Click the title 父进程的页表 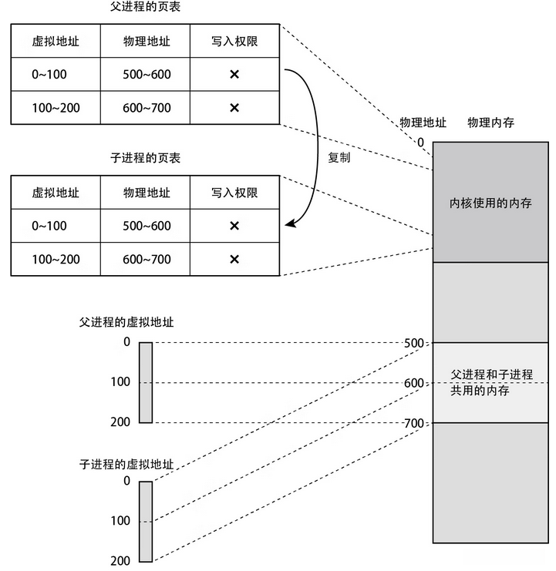pos(146,10)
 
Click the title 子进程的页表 pos(146,158)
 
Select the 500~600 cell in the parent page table pos(147,74)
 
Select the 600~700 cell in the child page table pos(147,259)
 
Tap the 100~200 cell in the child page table pos(56,259)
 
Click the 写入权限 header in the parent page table pos(234,40)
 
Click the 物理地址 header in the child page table pos(147,192)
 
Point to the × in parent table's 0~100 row pos(234,74)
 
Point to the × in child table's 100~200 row pos(234,259)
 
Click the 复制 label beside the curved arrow pos(340,157)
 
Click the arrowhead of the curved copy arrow pos(289,225)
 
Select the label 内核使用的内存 pos(490,204)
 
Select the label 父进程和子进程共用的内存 pos(491,382)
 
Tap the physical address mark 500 pos(415,342)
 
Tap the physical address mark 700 pos(415,423)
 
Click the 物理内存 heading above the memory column pos(490,123)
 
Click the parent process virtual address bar pos(146,382)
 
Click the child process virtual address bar pos(146,521)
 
